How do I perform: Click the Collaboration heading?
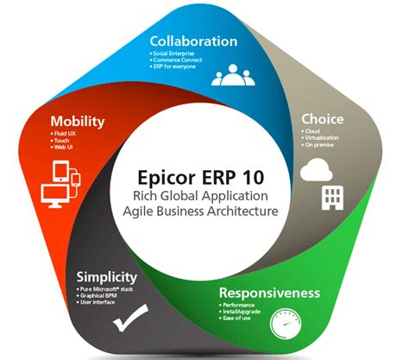click(x=193, y=41)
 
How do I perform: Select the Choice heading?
click(x=323, y=118)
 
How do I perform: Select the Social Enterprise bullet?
click(x=179, y=54)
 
